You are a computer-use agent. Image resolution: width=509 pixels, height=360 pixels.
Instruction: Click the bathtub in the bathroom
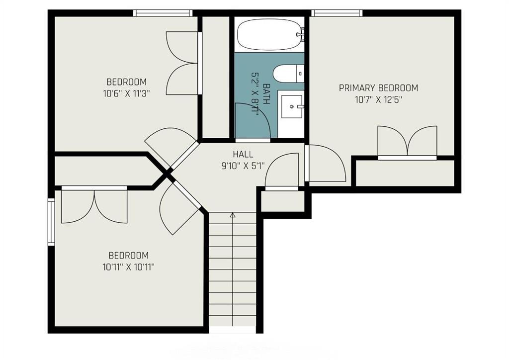click(x=268, y=35)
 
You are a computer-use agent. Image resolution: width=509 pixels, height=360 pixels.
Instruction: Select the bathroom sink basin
click(x=291, y=106)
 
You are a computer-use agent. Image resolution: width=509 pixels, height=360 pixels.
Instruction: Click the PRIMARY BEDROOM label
click(x=378, y=88)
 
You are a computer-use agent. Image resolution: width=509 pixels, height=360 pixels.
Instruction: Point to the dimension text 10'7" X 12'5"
click(x=378, y=99)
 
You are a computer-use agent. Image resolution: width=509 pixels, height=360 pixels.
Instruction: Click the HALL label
click(x=243, y=154)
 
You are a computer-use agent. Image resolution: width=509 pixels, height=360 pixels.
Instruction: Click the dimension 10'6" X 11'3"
click(x=126, y=92)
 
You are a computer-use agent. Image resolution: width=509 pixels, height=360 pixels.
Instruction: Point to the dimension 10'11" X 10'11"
click(x=128, y=267)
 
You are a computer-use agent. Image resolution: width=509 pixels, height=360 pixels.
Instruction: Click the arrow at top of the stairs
click(x=233, y=215)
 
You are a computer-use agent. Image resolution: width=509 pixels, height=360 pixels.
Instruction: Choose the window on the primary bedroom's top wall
click(x=337, y=13)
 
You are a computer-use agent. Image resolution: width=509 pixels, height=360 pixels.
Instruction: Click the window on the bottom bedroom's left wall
click(x=51, y=222)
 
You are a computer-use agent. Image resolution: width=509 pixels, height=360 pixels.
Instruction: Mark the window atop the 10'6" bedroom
click(x=163, y=13)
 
